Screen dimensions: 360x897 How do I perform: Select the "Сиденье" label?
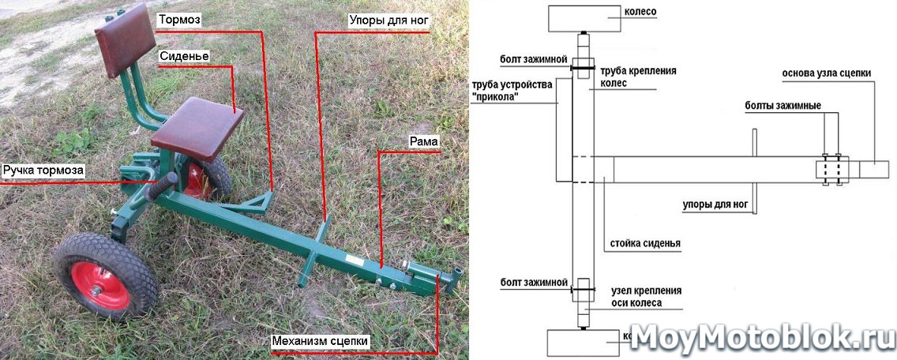[184, 56]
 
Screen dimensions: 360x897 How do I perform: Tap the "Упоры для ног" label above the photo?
[385, 19]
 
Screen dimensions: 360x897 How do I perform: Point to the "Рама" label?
[423, 141]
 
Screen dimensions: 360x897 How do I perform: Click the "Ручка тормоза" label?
[43, 169]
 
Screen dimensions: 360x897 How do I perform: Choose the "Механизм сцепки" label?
[319, 341]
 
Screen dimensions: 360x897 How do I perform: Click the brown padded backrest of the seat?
[124, 37]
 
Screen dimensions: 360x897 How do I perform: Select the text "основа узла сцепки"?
[827, 73]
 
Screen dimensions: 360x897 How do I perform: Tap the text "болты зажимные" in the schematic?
[783, 106]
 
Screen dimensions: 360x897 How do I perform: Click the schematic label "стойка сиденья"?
[645, 243]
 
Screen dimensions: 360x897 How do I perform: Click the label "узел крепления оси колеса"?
[646, 296]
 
